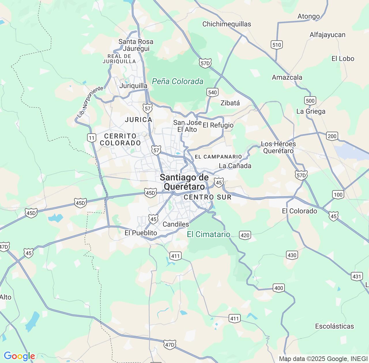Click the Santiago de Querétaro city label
click(184, 182)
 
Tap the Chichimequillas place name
click(227, 24)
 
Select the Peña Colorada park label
click(178, 82)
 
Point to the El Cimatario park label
click(208, 235)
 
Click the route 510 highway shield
click(276, 45)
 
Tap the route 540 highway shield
click(212, 92)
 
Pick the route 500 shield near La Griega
click(310, 101)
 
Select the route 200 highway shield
click(332, 136)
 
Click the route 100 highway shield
click(338, 194)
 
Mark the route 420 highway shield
click(245, 235)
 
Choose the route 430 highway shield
click(292, 255)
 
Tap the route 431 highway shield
click(357, 277)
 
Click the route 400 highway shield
click(278, 288)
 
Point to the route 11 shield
click(92, 138)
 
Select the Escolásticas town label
click(334, 326)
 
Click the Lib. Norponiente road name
click(90, 102)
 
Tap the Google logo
click(19, 356)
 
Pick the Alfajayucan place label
click(327, 35)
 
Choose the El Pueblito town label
click(141, 233)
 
